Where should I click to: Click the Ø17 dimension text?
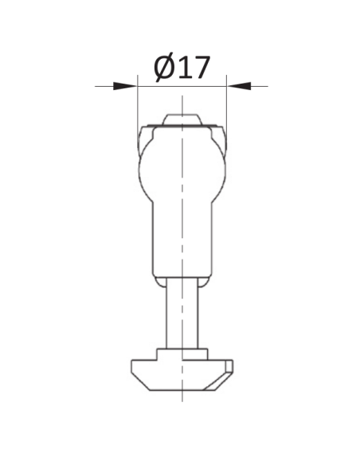coord(182,67)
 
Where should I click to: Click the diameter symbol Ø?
coord(164,67)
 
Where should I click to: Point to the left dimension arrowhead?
coord(125,86)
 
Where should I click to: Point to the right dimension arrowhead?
coord(239,86)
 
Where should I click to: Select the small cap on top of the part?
coord(182,119)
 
